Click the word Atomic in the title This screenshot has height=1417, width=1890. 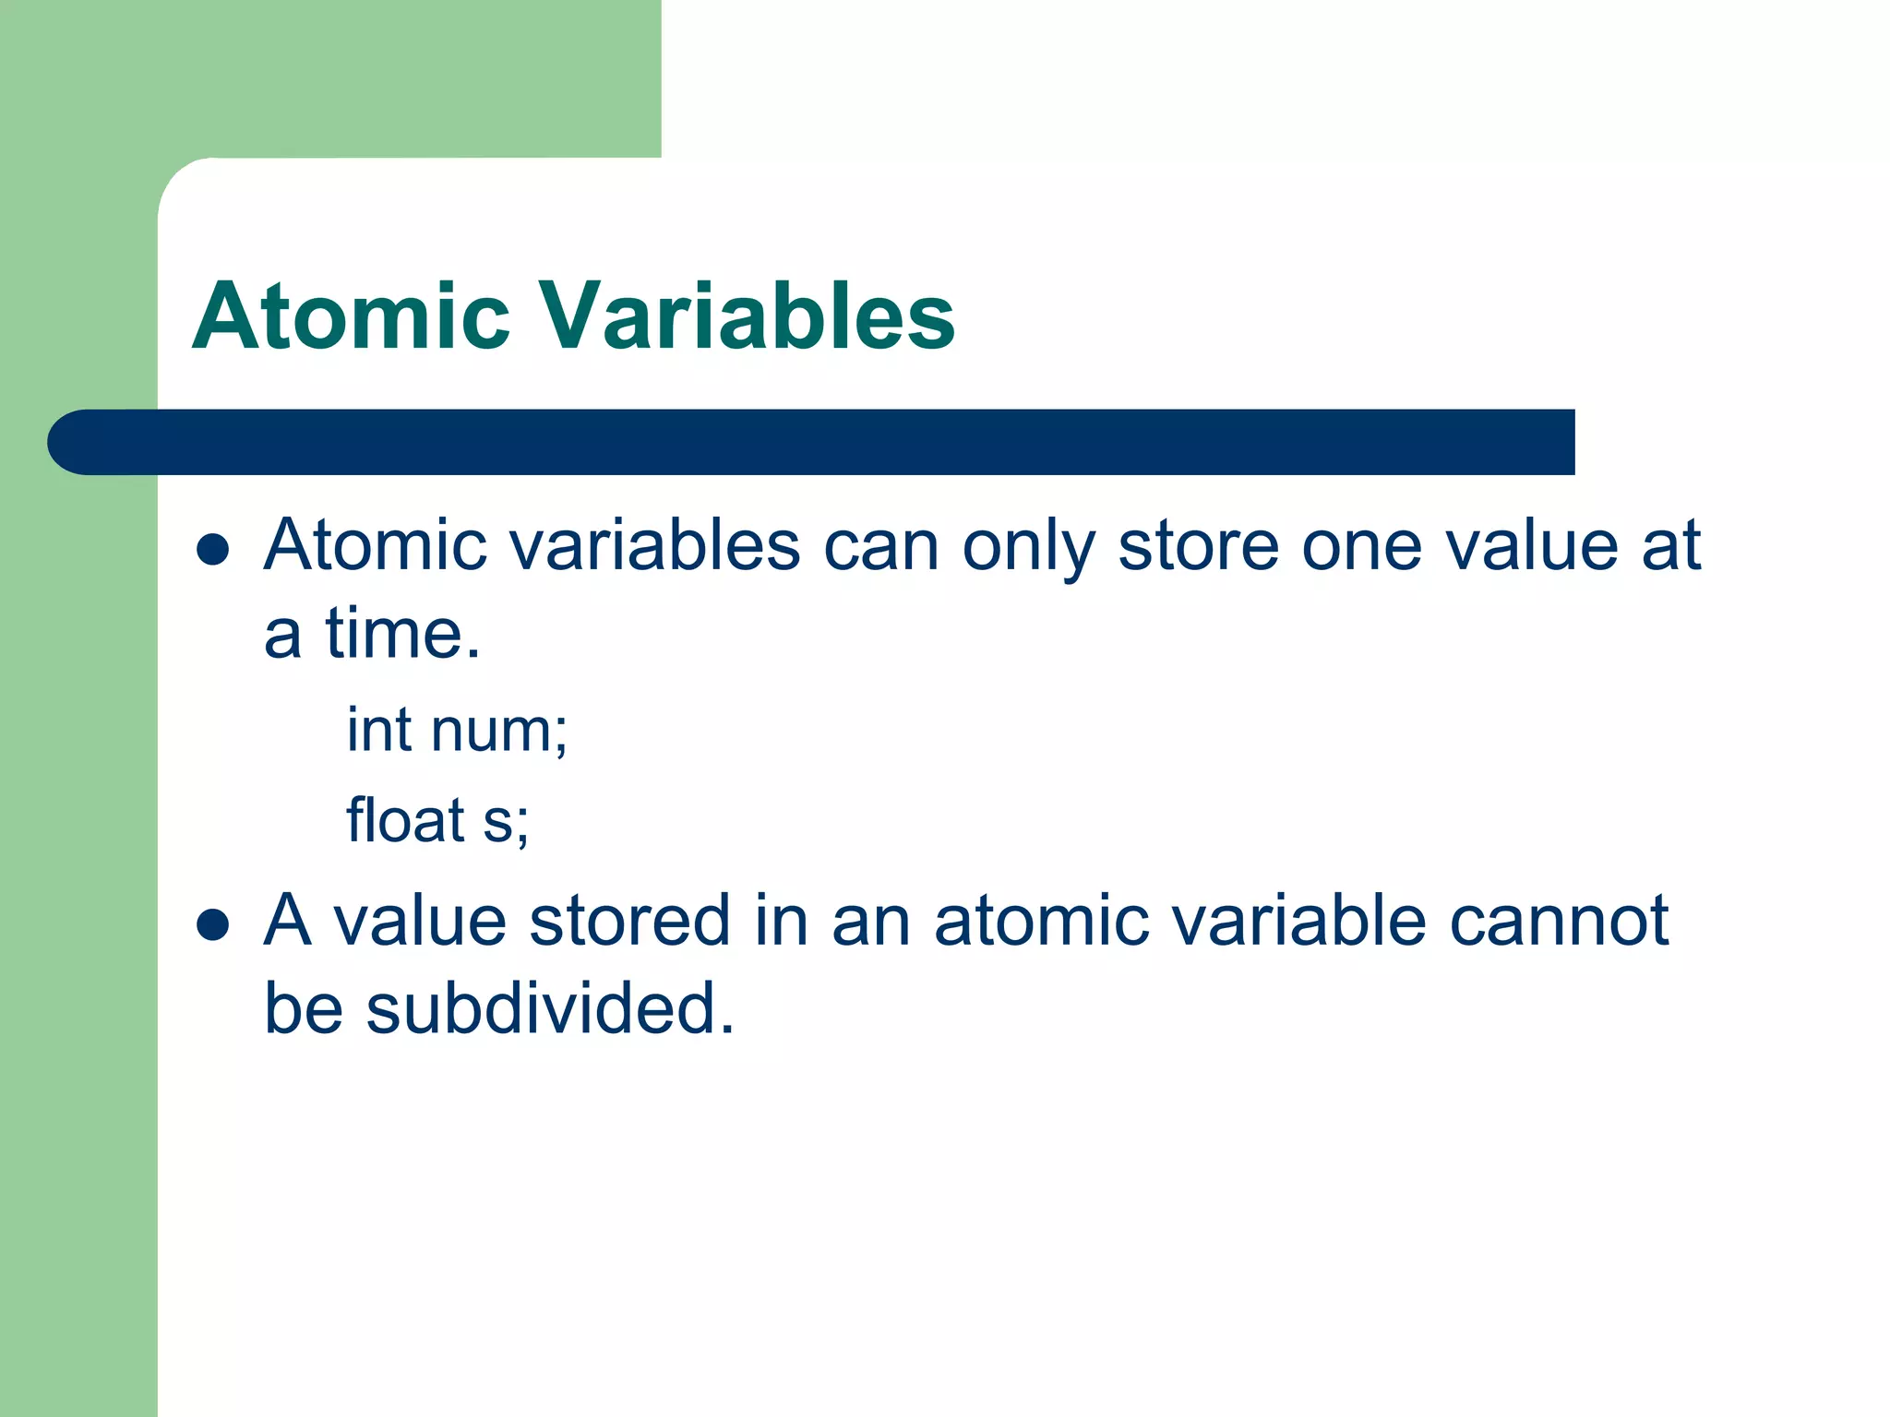pyautogui.click(x=351, y=316)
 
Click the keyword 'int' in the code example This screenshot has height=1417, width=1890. pyautogui.click(x=378, y=730)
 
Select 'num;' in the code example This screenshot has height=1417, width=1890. pyautogui.click(x=499, y=732)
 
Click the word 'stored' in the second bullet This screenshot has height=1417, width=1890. pyautogui.click(x=629, y=921)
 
